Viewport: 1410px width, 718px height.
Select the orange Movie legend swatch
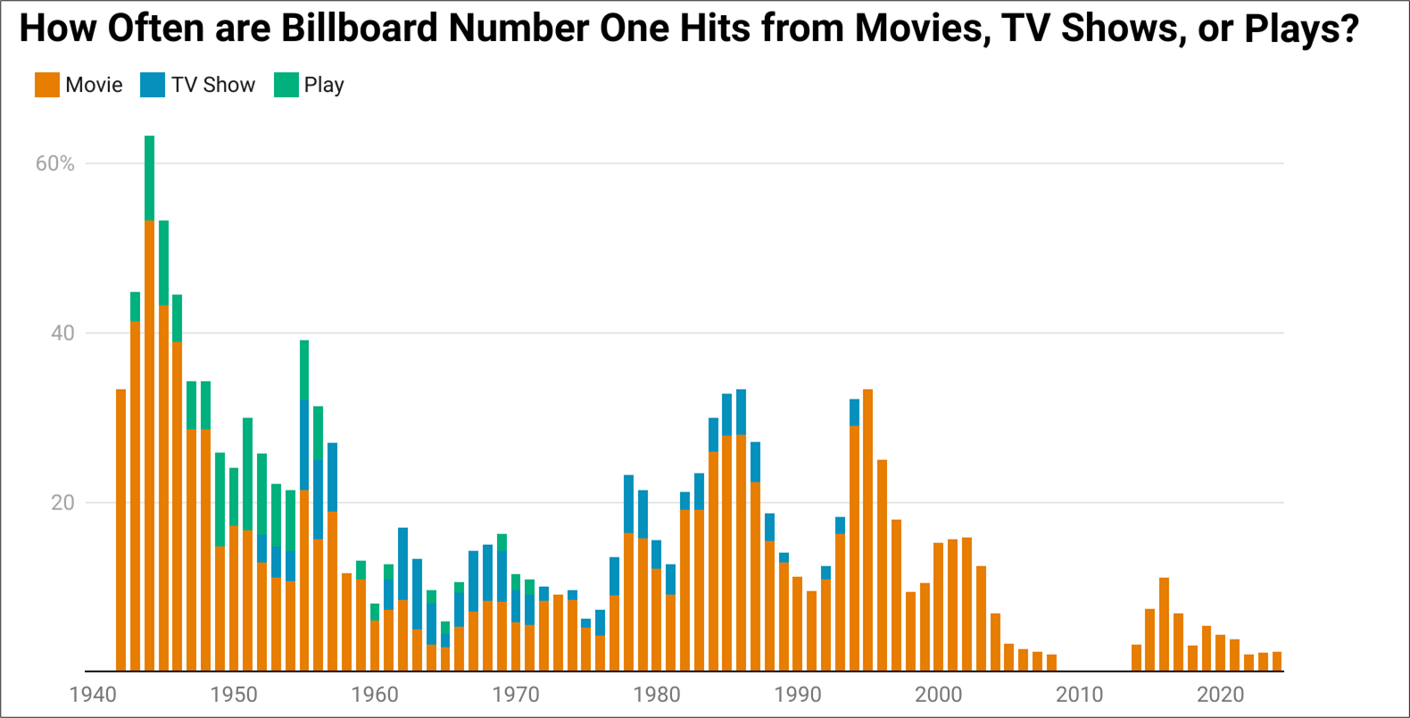47,85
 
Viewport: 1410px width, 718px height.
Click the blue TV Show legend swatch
153,85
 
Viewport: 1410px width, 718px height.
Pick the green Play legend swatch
286,85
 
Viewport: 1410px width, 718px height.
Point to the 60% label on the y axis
54,163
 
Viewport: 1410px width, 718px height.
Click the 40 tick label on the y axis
62,334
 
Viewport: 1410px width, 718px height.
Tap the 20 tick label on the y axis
62,502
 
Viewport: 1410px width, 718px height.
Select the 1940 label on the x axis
93,695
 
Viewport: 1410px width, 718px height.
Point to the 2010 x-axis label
1080,695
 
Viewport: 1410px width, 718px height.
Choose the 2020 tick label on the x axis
1221,695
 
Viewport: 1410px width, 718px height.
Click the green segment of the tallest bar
149,178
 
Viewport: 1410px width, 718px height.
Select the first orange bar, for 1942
121,531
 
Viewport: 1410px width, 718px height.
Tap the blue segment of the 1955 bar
304,445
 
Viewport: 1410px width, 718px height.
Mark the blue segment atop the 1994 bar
854,412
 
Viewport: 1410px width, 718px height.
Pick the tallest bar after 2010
1165,624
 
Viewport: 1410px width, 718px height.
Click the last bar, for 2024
1277,661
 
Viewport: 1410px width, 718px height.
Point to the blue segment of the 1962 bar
403,564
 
